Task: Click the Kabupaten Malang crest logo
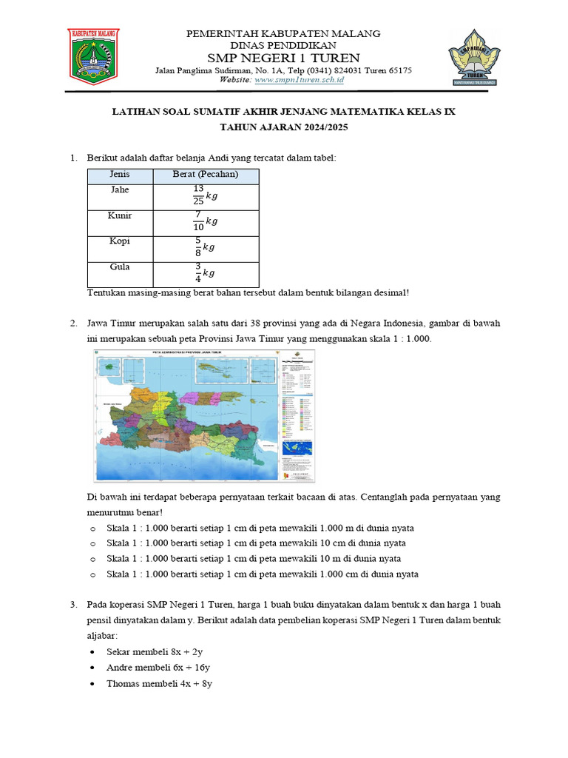93,56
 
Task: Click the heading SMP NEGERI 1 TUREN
283,58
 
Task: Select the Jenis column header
120,175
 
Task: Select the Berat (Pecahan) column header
205,175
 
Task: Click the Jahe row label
120,189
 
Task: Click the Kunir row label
120,215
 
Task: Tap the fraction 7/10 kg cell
205,222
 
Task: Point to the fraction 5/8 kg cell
205,248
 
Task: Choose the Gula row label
120,267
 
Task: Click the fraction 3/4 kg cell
205,273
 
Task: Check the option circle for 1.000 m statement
92,529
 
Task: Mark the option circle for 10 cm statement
92,543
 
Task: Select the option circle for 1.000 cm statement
92,574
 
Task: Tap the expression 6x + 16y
192,668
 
